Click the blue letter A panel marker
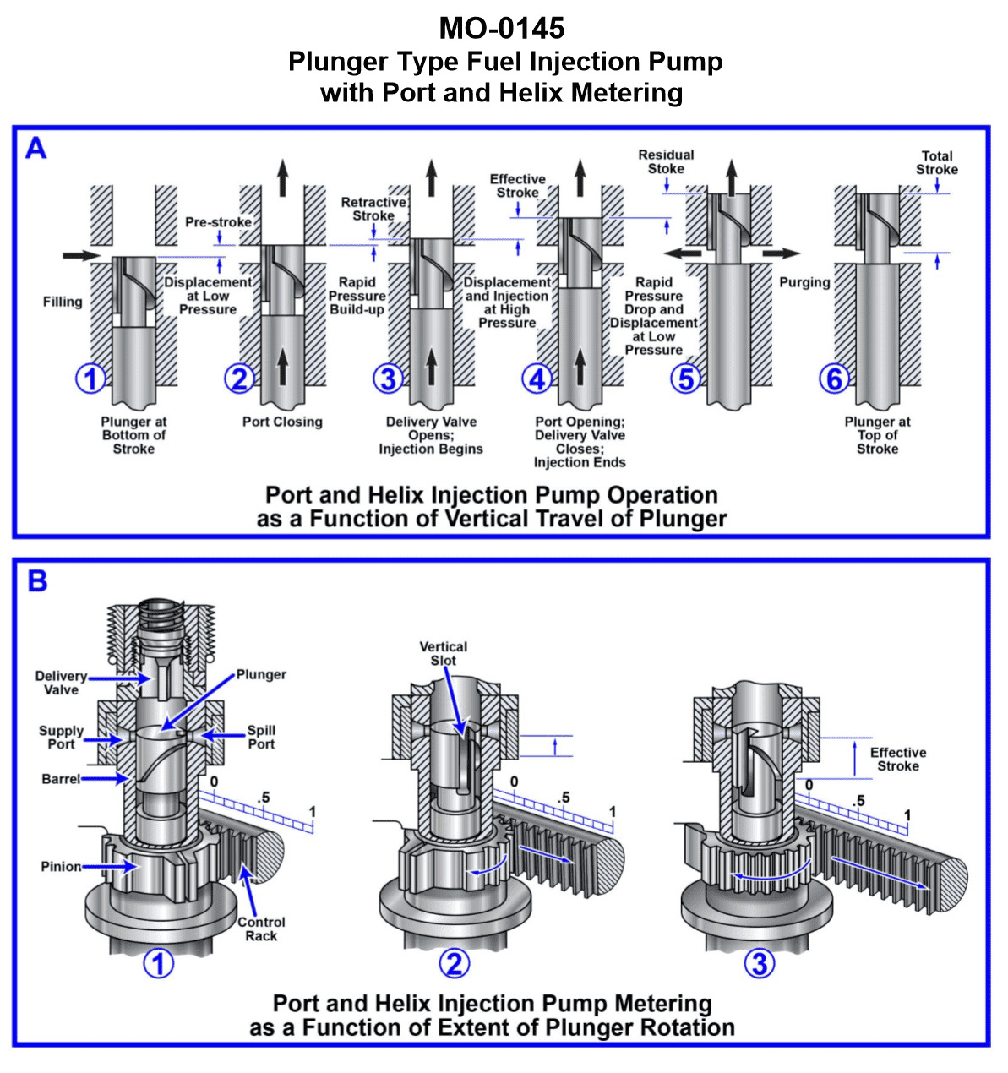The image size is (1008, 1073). click(35, 149)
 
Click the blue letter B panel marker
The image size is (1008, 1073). click(37, 581)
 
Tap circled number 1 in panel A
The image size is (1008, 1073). click(90, 379)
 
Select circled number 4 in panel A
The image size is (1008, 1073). click(537, 379)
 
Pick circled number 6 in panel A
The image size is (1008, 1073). click(834, 379)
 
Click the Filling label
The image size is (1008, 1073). click(63, 302)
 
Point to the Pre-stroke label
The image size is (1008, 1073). click(218, 222)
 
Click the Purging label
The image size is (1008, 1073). click(804, 282)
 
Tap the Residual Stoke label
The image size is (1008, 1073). click(666, 161)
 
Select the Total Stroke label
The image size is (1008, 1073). click(937, 162)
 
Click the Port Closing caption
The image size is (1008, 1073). click(282, 422)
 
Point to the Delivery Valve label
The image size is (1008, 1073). click(61, 683)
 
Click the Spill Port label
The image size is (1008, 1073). click(261, 737)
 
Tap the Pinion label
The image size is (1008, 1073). click(61, 867)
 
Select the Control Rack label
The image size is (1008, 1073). click(261, 929)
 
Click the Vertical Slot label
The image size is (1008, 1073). click(443, 653)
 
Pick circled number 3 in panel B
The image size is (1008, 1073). click(759, 963)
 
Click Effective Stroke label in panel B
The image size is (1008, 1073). click(897, 759)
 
